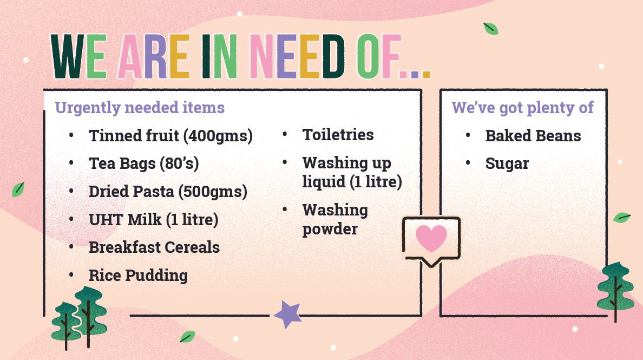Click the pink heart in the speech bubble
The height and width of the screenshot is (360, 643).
tap(431, 238)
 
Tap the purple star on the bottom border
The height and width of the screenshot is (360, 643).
tap(287, 315)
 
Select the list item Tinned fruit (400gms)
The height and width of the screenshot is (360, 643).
tap(170, 136)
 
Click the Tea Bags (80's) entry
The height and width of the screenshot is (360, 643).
tap(143, 163)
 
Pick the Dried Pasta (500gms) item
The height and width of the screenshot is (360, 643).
tap(168, 192)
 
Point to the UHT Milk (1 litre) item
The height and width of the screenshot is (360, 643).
tap(153, 219)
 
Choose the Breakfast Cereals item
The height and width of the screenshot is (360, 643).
tap(154, 247)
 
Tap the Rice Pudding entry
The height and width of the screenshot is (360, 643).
tap(138, 276)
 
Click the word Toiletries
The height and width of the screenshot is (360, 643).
tap(338, 134)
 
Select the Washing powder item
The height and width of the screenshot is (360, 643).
tap(335, 219)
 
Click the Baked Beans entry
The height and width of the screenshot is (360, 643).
tap(533, 136)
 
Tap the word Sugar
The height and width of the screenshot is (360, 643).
tap(507, 163)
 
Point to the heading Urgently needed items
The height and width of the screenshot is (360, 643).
tap(140, 107)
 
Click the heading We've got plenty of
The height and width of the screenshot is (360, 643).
tap(522, 107)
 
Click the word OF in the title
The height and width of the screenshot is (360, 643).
tap(378, 56)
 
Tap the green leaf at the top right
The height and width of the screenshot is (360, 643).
tap(490, 29)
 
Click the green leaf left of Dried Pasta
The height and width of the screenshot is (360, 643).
tap(18, 189)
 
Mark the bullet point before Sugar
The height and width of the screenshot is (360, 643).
tap(468, 163)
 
